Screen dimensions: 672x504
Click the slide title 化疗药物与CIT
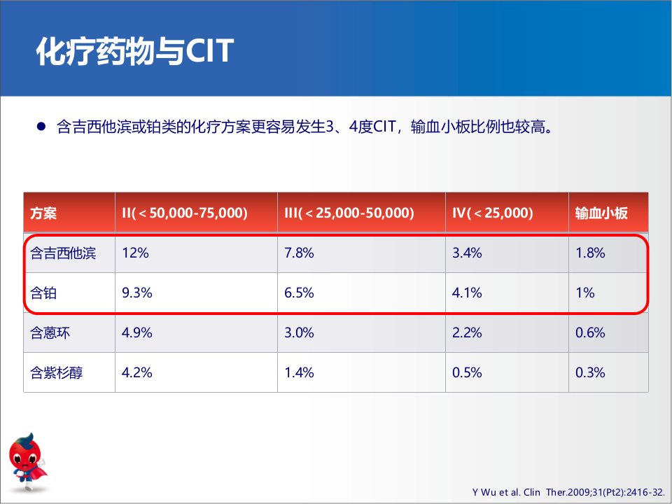click(135, 51)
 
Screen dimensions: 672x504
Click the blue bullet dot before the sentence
click(41, 127)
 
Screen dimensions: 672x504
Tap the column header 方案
click(43, 213)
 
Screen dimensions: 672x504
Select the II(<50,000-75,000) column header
click(185, 213)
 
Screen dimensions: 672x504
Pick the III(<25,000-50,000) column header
click(349, 213)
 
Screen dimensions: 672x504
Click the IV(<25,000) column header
click(492, 213)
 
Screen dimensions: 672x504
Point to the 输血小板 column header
click(601, 213)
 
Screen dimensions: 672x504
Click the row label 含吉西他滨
click(63, 253)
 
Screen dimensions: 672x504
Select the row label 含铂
click(43, 293)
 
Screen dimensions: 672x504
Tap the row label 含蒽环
click(50, 332)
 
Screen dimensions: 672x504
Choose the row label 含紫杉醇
click(57, 372)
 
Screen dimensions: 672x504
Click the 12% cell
click(135, 253)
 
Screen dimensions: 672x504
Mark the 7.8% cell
click(299, 253)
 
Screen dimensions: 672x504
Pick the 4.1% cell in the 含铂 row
click(467, 293)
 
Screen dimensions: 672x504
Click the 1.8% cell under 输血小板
click(590, 253)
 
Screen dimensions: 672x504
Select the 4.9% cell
click(136, 332)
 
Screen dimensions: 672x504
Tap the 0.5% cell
click(467, 372)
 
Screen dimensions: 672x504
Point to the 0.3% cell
click(590, 372)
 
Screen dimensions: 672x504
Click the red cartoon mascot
click(27, 461)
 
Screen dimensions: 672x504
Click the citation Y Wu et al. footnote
click(568, 492)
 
